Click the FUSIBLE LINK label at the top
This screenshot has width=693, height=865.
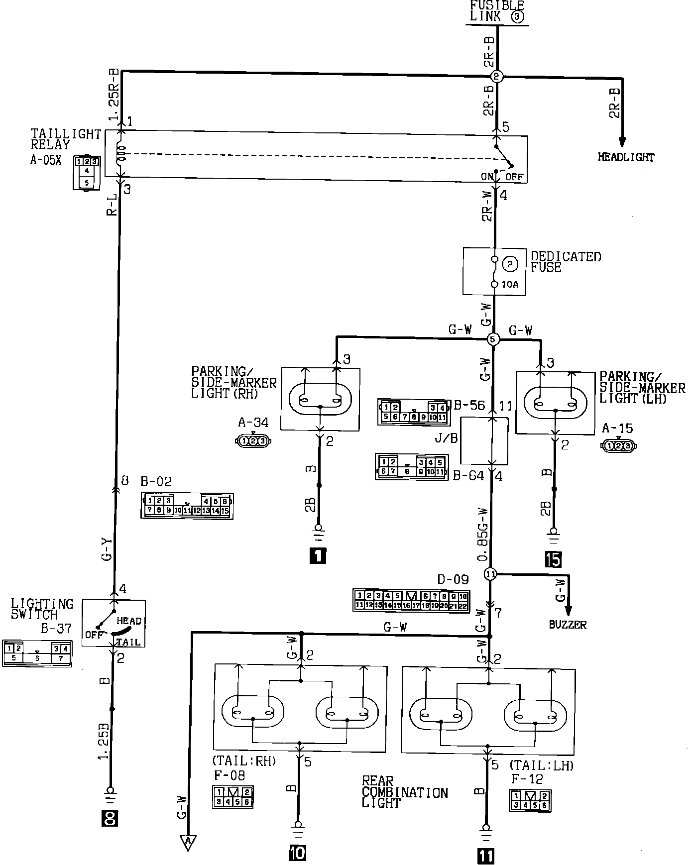pos(497,11)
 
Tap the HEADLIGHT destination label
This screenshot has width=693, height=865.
pos(626,157)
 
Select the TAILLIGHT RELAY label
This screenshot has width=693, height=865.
pos(66,139)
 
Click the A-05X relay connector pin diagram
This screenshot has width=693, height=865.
pos(86,172)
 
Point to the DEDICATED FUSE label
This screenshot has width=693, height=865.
pos(566,262)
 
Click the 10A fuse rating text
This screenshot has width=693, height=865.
pos(509,284)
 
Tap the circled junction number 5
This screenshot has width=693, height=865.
pos(492,339)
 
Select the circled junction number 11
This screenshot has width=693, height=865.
pos(490,574)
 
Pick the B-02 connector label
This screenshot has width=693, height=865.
pos(156,482)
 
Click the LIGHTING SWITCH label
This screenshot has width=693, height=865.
pos(42,609)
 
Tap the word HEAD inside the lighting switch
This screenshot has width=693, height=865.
pos(129,621)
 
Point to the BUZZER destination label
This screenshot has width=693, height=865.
pos(568,625)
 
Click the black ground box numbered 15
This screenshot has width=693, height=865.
pos(553,560)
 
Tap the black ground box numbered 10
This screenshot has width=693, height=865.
pos(298,853)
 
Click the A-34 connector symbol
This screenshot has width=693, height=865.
pos(253,440)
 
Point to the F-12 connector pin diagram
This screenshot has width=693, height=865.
pos(530,801)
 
